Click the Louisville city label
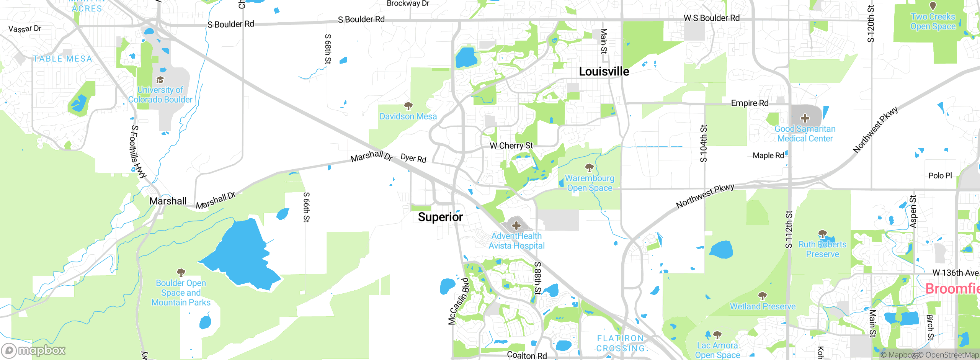pos(604,72)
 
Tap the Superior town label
pos(440,217)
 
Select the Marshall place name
pos(168,201)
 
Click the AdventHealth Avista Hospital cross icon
pos(516,225)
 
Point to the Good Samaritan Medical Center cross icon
pos(805,118)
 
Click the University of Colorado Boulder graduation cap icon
pos(160,80)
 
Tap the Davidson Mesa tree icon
pos(408,106)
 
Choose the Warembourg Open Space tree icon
pos(590,167)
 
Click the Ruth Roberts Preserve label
pos(822,249)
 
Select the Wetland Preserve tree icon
pos(762,296)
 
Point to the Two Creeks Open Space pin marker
pos(933,6)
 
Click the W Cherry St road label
pos(511,146)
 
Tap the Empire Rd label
pos(750,103)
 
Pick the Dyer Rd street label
pos(413,158)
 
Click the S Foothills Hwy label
pos(138,152)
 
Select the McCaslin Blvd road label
pos(459,301)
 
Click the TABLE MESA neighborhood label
pos(63,59)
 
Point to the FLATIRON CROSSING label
pos(621,343)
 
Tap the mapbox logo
pos(34,350)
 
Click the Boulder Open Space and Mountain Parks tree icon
pos(181,273)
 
